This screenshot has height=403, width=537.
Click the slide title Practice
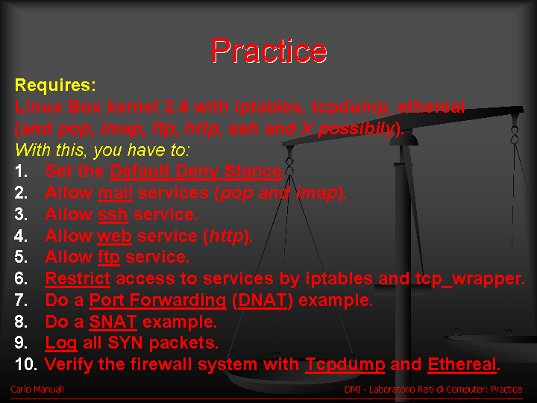(269, 51)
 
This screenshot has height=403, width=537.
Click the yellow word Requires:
(55, 85)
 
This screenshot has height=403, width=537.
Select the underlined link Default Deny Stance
(196, 171)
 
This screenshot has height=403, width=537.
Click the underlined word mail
(116, 193)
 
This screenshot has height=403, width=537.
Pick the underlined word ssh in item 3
(113, 215)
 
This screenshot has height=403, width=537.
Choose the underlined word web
(114, 236)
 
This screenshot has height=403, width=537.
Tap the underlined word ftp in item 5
(109, 257)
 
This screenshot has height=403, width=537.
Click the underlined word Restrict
(78, 278)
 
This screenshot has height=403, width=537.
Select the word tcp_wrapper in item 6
(470, 279)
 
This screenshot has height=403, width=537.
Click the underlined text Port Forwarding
(158, 301)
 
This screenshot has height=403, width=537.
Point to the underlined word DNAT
(263, 300)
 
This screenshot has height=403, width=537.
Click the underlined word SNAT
(113, 322)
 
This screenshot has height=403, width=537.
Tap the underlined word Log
(61, 343)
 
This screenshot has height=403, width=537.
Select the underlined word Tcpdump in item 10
(345, 365)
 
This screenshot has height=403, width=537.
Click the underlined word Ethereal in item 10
(462, 365)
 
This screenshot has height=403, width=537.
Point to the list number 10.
(25, 364)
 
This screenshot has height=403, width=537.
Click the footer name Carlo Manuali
(37, 390)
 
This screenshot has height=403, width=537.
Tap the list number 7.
(21, 300)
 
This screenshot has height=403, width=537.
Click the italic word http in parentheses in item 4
(227, 236)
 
